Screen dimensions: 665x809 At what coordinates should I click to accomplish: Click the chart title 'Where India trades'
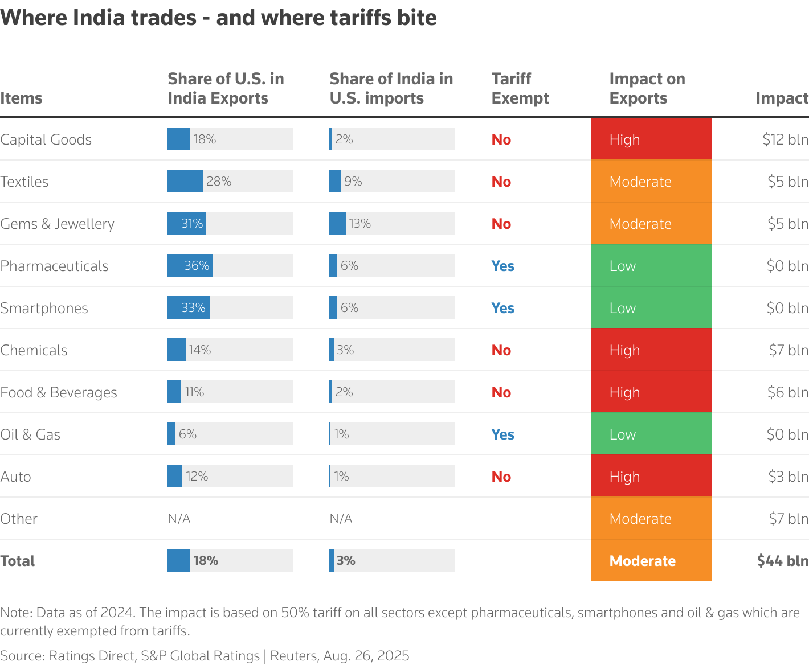coord(218,18)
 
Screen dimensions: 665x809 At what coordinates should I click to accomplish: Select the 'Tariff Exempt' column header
coord(520,88)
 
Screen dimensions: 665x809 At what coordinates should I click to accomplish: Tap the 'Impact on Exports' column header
coord(647,88)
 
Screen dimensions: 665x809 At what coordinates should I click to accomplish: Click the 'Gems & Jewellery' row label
coord(57,224)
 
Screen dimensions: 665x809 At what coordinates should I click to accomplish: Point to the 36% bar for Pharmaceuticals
coord(190,265)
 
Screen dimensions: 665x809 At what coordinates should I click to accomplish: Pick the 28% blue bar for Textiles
coord(185,181)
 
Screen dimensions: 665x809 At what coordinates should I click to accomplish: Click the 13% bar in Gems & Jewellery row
coord(338,223)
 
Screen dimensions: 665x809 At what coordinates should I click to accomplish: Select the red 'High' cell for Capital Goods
coord(651,139)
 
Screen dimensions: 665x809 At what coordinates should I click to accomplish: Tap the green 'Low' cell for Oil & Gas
coord(651,434)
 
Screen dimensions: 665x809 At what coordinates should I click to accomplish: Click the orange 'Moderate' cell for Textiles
coord(651,182)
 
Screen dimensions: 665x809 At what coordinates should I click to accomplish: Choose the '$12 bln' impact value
coord(785,139)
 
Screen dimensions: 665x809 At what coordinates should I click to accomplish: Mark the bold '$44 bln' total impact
coord(782,561)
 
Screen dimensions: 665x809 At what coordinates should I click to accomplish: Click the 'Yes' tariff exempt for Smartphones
coord(502,308)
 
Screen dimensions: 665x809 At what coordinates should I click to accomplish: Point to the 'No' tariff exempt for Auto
coord(501,477)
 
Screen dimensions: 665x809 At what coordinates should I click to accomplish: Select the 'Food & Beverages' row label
coord(59,392)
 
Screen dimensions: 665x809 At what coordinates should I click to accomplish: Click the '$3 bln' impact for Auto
coord(788,477)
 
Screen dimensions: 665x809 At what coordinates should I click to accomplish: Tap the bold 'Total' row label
coord(18,561)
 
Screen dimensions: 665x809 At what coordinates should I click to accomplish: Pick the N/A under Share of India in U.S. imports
coord(341,519)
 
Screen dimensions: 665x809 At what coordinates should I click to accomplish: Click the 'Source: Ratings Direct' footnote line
coord(205,656)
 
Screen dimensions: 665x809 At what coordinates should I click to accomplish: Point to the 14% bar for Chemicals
coord(177,350)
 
